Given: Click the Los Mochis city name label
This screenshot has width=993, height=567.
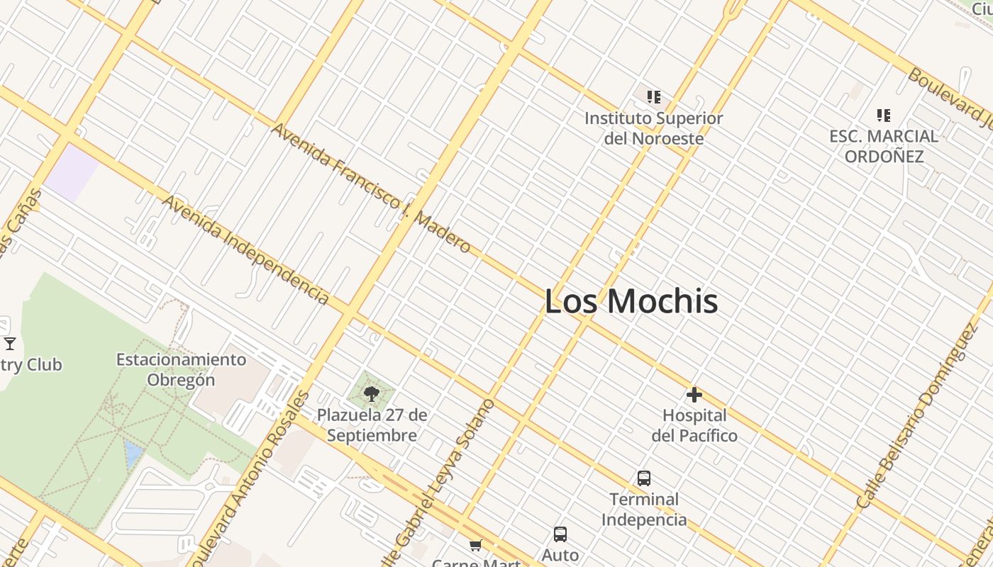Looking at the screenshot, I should [x=631, y=301].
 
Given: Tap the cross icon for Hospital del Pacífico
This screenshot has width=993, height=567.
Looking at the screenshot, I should [x=694, y=395].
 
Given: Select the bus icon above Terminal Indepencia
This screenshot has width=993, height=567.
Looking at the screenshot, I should [x=644, y=478].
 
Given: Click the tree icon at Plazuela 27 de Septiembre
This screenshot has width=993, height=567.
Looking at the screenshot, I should [x=371, y=394].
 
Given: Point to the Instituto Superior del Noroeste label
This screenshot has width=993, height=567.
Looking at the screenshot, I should [x=653, y=128].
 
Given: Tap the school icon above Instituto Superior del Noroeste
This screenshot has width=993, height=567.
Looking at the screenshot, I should [x=653, y=97].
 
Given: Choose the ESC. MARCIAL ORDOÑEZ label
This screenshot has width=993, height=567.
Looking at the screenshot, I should [x=884, y=146].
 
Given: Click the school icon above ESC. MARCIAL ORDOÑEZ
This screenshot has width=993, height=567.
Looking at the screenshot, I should [x=883, y=115].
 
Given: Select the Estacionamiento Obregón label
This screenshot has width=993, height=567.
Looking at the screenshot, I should [x=181, y=369].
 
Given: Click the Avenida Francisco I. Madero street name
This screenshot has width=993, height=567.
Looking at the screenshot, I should [x=371, y=189].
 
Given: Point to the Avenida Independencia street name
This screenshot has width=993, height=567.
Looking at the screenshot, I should [x=245, y=249].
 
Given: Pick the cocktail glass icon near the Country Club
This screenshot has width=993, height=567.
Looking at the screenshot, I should [x=10, y=344].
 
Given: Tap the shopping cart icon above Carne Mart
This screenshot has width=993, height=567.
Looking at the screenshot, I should [x=475, y=545].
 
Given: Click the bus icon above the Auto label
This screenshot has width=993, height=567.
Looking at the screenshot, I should [x=560, y=534].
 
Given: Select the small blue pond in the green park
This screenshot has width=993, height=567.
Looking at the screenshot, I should [x=133, y=453].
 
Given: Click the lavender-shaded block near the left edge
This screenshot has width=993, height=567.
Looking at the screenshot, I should [x=72, y=171].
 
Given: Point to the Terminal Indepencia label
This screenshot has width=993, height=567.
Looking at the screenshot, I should [x=644, y=509].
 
